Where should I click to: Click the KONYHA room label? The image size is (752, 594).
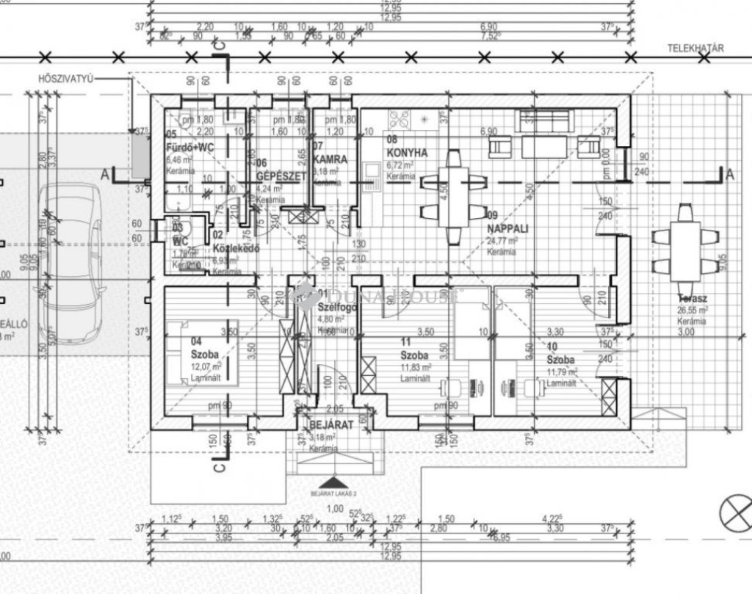pos(407,153)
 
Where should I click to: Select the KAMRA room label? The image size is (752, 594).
pos(330,159)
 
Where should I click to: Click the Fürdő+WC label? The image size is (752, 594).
pos(190,148)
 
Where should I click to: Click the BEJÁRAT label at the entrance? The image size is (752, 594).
pos(331,425)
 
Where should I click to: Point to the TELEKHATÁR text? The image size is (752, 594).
pos(696,49)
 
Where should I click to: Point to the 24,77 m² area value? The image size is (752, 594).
pos(504,240)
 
